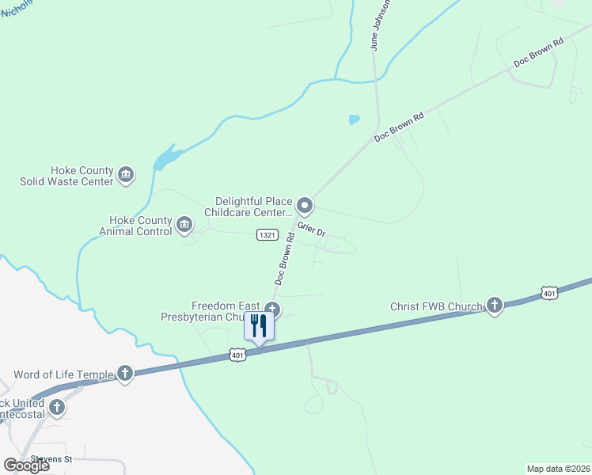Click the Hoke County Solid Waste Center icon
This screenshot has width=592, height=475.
click(x=125, y=174)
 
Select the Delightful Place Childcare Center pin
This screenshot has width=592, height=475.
click(x=305, y=207)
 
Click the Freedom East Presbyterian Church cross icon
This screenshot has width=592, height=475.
click(x=272, y=310)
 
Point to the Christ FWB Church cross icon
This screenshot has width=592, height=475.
click(x=495, y=306)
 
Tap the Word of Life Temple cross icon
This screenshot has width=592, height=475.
click(x=125, y=373)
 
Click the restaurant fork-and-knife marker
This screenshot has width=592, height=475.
click(x=259, y=325)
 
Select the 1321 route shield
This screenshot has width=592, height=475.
click(x=267, y=235)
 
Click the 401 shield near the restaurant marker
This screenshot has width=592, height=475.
click(x=237, y=354)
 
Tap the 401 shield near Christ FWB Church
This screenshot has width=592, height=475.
click(x=549, y=294)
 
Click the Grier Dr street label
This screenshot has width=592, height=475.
click(x=312, y=230)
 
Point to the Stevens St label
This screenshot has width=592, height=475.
click(x=51, y=458)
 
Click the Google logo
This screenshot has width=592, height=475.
click(x=26, y=465)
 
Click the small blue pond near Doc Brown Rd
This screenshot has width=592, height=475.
click(x=354, y=120)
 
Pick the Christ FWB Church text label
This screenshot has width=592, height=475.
click(x=436, y=306)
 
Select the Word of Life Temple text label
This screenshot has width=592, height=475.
click(x=64, y=374)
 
